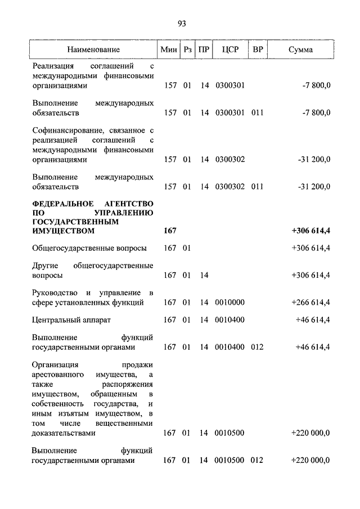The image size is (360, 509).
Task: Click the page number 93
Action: [181, 23]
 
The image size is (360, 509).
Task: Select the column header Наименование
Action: [93, 49]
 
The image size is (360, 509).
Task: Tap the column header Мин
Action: [169, 49]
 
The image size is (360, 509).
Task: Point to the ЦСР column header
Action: [231, 49]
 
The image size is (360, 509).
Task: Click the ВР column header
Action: [258, 49]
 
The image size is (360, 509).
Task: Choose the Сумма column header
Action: [301, 49]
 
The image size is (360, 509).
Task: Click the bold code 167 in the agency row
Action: [170, 231]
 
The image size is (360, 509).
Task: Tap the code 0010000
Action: [230, 303]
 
